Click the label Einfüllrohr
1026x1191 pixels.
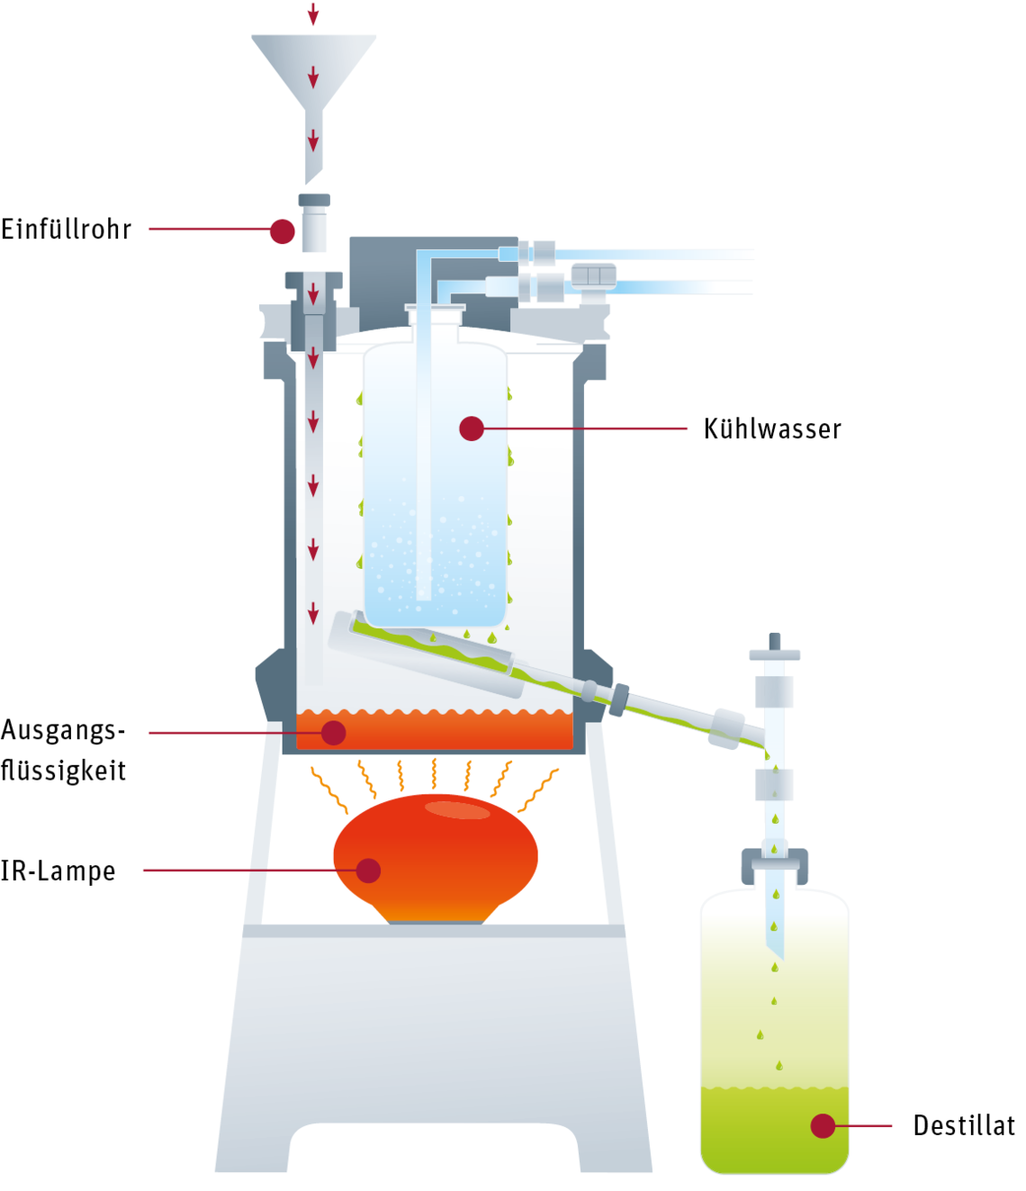[x=67, y=230]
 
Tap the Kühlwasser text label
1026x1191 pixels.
[x=772, y=429]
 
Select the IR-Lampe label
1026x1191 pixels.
[x=58, y=871]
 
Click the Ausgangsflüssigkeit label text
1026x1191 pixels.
[x=63, y=750]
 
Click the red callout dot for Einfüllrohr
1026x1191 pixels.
[x=283, y=231]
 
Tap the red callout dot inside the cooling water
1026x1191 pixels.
[x=472, y=429]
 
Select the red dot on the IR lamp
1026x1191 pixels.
[x=368, y=870]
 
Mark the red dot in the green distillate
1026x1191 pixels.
[x=823, y=1125]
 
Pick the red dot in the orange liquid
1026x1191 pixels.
[x=333, y=733]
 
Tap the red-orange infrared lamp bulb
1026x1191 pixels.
[x=436, y=859]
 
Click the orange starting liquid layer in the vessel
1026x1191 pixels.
[x=435, y=731]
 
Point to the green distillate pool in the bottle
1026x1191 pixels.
[x=775, y=1130]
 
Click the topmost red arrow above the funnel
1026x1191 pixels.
[x=313, y=14]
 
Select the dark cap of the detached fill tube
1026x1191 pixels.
[x=314, y=200]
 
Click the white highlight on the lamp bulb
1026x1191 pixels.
[x=457, y=809]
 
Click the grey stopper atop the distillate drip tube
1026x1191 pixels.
[x=775, y=647]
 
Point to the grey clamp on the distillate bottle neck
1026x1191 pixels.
[x=775, y=865]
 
